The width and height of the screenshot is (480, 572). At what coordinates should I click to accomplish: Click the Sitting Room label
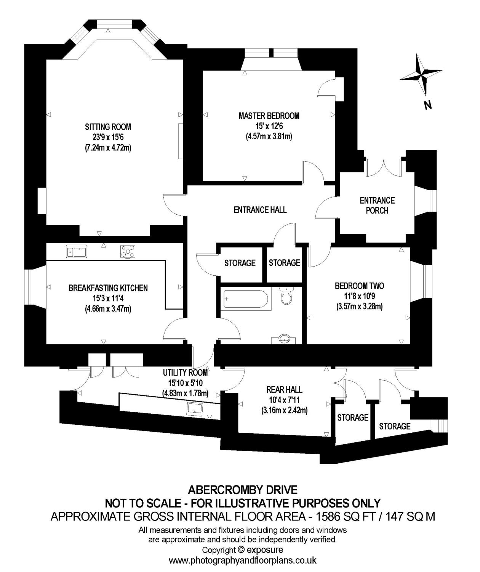pos(108,127)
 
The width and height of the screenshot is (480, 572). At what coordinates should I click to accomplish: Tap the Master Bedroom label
pos(269,116)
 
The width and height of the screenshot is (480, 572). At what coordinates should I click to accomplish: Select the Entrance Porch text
pos(377,205)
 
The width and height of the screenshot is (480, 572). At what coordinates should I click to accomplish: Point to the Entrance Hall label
pos(260,209)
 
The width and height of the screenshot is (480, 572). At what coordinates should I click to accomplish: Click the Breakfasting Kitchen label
pos(108,288)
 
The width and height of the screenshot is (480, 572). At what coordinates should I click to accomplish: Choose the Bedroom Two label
pos(359,286)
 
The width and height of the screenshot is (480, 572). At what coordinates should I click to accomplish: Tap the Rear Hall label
pos(284,389)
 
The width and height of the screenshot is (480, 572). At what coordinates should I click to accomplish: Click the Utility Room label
pos(186,373)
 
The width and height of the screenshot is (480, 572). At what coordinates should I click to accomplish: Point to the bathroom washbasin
pos(284,338)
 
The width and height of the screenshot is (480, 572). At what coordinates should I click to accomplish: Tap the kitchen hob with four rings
pos(128,251)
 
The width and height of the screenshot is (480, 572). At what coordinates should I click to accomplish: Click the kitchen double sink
pos(77,251)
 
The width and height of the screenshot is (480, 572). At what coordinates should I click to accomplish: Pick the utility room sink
pos(195,409)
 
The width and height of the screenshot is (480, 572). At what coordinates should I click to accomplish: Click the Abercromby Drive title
pos(243,489)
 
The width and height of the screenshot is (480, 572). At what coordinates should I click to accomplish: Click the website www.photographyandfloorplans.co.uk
pos(243,561)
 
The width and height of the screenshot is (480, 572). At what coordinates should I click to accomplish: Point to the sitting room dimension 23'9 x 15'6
pos(108,137)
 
